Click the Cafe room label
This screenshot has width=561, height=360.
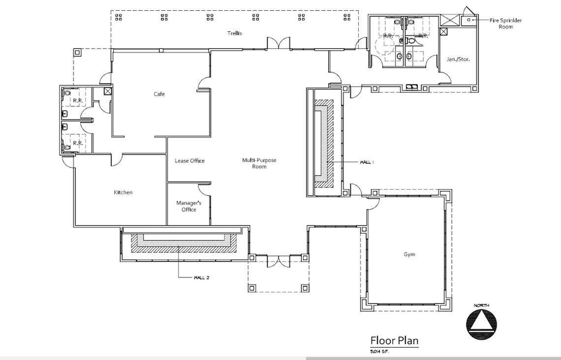tap(159, 94)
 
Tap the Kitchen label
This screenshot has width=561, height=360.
tap(123, 192)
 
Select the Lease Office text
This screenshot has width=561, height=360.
tap(189, 161)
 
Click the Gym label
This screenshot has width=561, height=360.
tap(409, 254)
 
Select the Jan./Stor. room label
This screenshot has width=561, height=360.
tap(458, 59)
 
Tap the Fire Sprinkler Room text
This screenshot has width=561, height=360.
tap(505, 23)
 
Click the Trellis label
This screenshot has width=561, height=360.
tap(234, 33)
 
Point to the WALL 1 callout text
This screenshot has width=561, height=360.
tap(367, 162)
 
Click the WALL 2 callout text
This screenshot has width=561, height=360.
tap(201, 277)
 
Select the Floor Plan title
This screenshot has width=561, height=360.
tap(394, 340)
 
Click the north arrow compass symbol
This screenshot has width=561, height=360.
tap(481, 324)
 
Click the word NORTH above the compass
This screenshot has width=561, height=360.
tap(481, 306)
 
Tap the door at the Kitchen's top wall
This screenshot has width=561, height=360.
tap(116, 160)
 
